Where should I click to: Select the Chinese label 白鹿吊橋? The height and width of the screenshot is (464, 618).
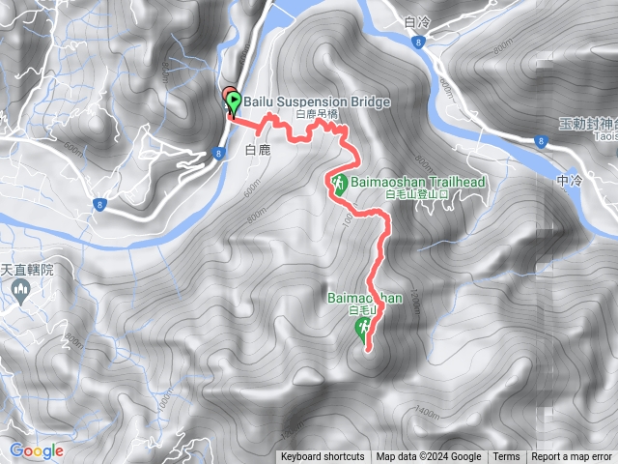pos(318,115)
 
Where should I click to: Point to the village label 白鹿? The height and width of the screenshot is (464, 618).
pos(258,150)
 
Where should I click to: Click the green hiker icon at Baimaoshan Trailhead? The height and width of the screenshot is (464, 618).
pos(339,183)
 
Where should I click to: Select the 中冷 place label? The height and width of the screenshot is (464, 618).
pos(572,180)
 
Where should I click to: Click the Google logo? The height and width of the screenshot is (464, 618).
pos(37,450)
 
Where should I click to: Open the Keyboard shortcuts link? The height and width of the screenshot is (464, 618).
pos(323,457)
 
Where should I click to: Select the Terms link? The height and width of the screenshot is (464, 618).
pos(506,457)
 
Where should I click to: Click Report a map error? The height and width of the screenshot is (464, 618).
pos(572,457)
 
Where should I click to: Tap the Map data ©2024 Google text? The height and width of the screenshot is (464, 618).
pos(429,457)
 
